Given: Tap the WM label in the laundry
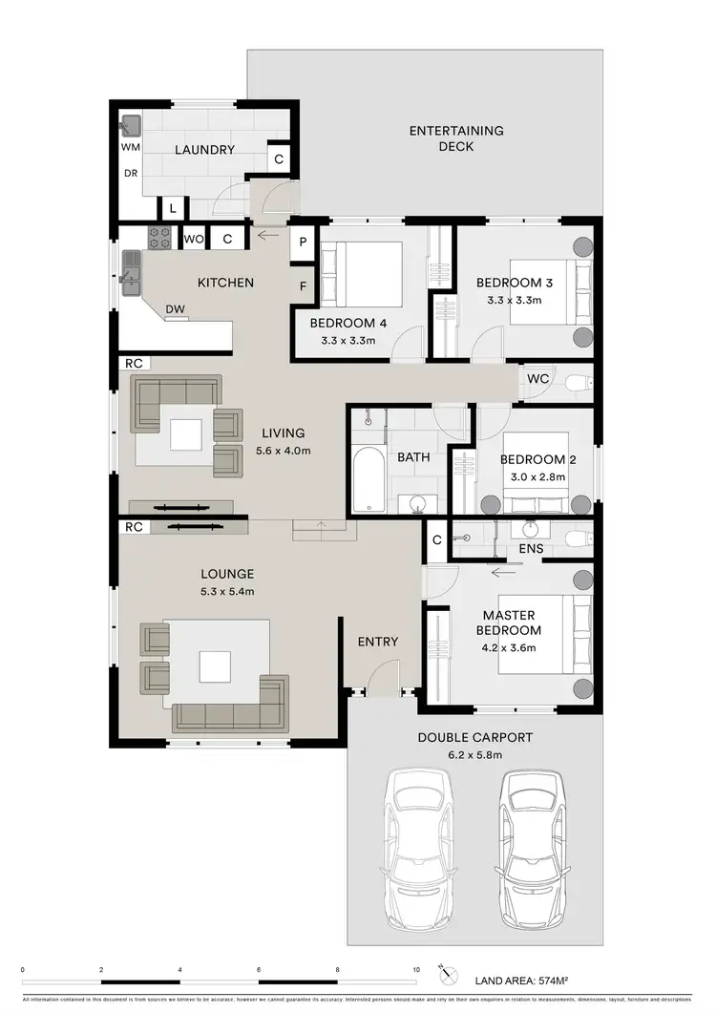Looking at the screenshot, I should (x=130, y=149).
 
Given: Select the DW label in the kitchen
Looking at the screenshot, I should (x=175, y=308).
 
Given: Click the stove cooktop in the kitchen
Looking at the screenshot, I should (x=158, y=237).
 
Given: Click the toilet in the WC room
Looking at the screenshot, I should (x=577, y=383).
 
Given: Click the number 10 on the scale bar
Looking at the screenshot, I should (x=415, y=969).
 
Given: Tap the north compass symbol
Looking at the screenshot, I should (x=443, y=971).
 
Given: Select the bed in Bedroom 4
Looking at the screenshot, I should (x=363, y=272).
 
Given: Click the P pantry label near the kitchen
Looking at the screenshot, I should (x=303, y=242).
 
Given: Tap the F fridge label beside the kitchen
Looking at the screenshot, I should (x=303, y=285).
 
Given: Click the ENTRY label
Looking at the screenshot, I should (x=378, y=642).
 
